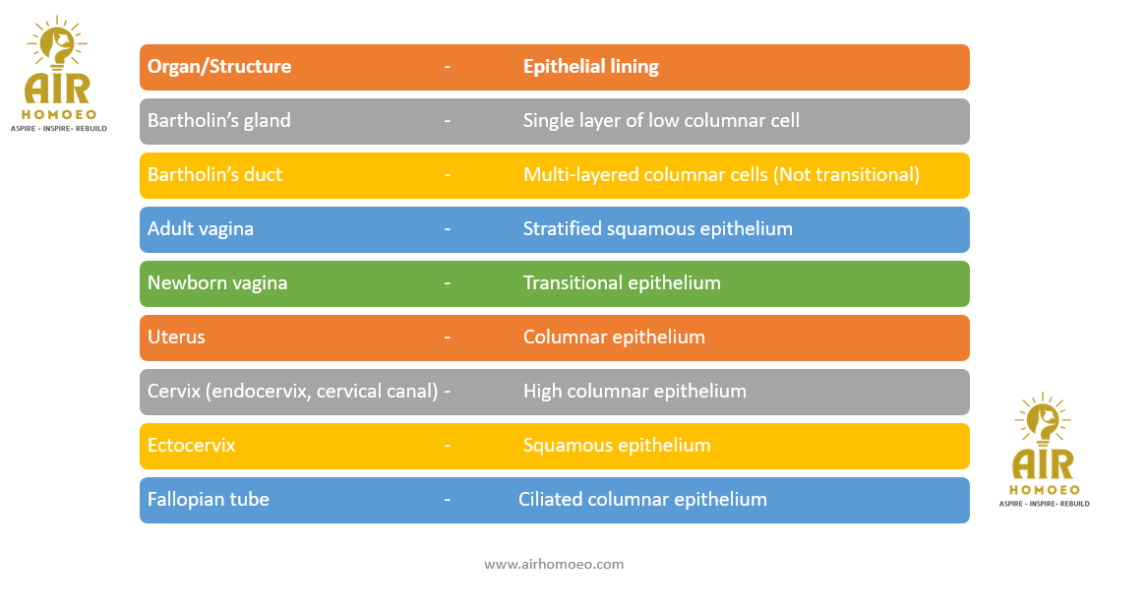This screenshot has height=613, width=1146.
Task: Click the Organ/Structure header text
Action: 219,67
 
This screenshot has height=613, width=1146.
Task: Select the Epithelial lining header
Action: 590,67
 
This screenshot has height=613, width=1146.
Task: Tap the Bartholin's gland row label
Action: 219,121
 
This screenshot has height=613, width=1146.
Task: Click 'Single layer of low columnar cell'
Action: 661,121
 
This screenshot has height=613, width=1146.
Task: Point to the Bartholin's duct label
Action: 214,174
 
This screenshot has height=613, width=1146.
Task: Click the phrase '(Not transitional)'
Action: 846,174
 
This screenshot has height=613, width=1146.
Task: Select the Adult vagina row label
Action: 201,228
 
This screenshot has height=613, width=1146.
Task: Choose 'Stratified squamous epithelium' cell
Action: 658,228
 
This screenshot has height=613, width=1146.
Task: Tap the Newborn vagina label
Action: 217,282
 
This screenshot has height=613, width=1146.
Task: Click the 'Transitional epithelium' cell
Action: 622,282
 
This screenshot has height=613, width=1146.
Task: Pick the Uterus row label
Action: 176,337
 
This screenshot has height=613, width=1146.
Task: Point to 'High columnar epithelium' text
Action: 634,391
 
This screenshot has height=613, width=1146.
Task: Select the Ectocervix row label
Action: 192,445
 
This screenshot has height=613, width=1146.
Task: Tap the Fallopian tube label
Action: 209,499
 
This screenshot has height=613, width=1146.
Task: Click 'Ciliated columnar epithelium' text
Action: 642,499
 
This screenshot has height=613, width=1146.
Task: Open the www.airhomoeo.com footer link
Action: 554,564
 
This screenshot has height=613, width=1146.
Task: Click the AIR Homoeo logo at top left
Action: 58,74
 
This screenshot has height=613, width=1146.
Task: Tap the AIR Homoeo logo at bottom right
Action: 1044,450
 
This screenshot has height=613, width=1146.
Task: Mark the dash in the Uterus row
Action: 448,337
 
